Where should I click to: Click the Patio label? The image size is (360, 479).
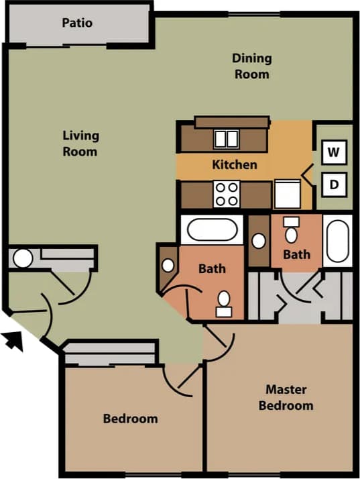(x=77, y=23)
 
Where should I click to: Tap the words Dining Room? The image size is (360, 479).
(x=251, y=66)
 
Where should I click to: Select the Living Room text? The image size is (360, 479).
(x=80, y=143)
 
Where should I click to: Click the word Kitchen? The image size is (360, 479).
(x=235, y=164)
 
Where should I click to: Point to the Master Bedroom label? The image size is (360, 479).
(x=286, y=397)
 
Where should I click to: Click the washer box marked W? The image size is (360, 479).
(x=333, y=152)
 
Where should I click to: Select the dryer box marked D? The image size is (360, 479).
(x=333, y=183)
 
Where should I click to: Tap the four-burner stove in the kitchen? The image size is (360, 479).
(x=227, y=194)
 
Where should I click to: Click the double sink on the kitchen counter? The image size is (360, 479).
(x=226, y=139)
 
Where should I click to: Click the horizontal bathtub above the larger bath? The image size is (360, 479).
(x=213, y=230)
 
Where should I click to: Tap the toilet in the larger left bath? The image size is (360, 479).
(x=223, y=303)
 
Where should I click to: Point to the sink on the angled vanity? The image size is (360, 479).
(x=168, y=264)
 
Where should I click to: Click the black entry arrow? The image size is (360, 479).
(x=14, y=340)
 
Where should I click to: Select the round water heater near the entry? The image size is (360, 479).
(x=23, y=258)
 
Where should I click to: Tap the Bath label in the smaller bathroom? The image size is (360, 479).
(x=296, y=254)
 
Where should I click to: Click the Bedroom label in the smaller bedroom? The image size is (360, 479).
(x=130, y=419)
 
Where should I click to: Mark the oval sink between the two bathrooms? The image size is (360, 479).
(x=259, y=239)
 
